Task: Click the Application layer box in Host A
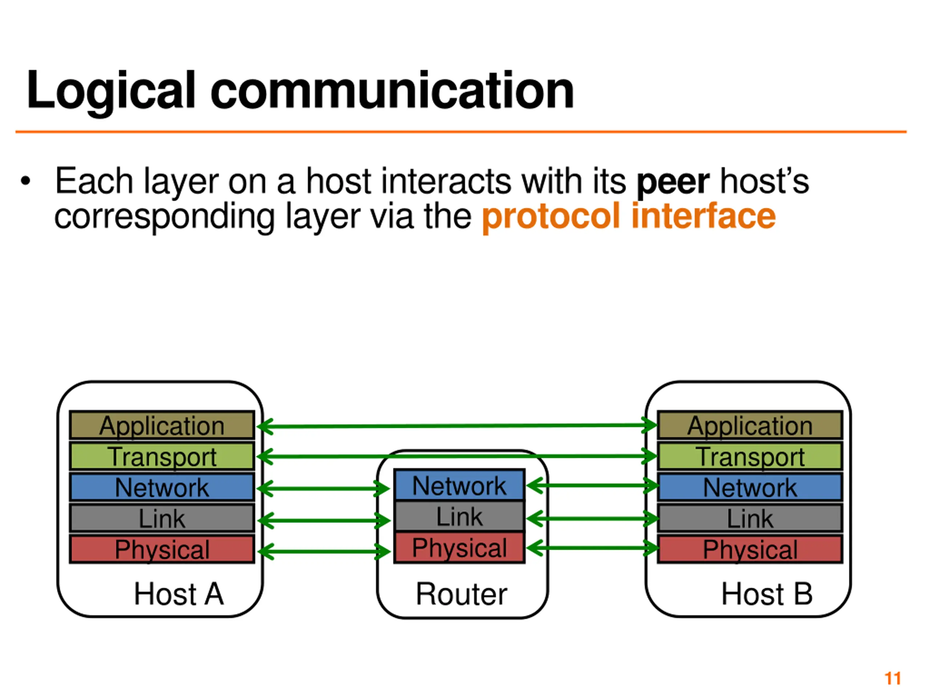(x=162, y=425)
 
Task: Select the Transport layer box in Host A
(x=162, y=456)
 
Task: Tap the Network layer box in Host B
(x=750, y=487)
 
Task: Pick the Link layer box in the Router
(x=459, y=516)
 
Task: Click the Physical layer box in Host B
(x=750, y=549)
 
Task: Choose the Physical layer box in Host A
(x=162, y=549)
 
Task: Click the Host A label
(x=179, y=594)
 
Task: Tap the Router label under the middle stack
(x=461, y=594)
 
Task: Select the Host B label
(x=767, y=594)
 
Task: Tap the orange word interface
(x=703, y=216)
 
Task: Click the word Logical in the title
(x=112, y=91)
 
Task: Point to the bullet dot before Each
(x=26, y=181)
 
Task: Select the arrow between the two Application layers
(x=456, y=426)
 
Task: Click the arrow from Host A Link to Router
(x=324, y=521)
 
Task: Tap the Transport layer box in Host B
(x=750, y=456)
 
